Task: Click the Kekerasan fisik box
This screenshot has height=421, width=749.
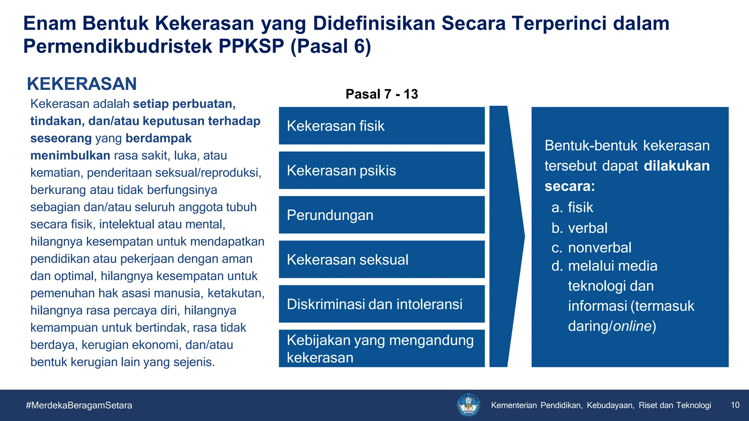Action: click(x=381, y=126)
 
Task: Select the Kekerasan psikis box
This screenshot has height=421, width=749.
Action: click(x=381, y=170)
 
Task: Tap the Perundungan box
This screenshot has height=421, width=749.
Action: click(x=381, y=215)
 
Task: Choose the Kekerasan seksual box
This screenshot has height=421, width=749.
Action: click(x=381, y=259)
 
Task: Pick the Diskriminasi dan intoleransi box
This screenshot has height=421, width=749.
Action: click(x=381, y=304)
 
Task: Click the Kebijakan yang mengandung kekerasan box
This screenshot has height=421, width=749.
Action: click(x=381, y=348)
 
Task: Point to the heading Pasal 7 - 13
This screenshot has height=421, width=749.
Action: click(x=381, y=94)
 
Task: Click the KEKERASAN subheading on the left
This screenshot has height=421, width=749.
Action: click(x=82, y=84)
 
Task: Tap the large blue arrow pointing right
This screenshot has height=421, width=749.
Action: click(x=507, y=236)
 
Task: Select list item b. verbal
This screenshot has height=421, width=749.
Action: click(x=579, y=228)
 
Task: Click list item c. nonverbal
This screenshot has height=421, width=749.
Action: click(x=591, y=248)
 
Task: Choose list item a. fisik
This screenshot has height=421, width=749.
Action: click(x=572, y=208)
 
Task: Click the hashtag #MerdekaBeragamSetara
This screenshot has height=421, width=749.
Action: click(x=79, y=405)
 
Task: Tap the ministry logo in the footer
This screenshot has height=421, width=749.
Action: click(x=468, y=405)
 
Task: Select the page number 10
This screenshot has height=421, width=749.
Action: click(x=735, y=405)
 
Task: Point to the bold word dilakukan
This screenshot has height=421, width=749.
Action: click(x=677, y=166)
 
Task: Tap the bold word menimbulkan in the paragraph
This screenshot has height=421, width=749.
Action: click(x=70, y=156)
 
